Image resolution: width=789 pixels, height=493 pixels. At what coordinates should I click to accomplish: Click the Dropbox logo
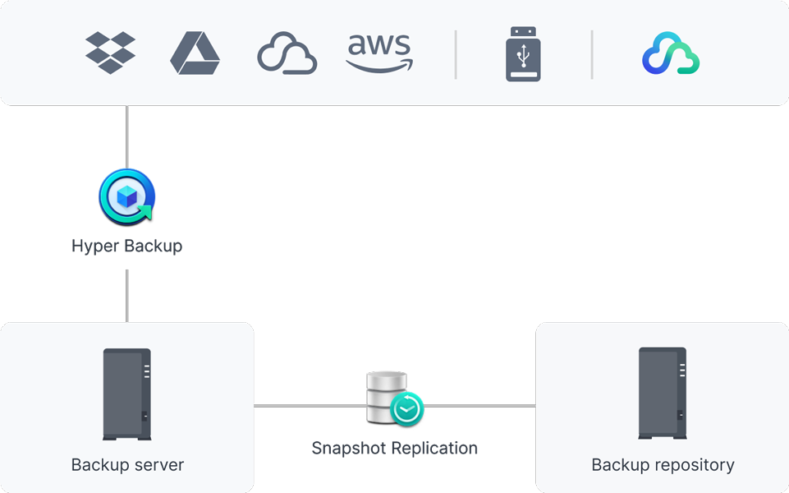pos(111,53)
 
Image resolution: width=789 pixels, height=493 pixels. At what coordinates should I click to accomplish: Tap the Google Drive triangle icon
pos(195,53)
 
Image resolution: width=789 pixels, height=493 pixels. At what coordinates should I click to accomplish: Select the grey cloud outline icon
pos(287,53)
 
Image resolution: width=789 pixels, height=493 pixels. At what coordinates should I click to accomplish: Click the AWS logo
pos(379,53)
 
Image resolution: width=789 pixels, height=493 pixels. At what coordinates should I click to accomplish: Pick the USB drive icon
pos(523,54)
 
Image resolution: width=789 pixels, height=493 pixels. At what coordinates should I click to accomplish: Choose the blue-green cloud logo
pos(670,53)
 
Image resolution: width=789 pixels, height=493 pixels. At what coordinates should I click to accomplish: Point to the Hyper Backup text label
pos(127,246)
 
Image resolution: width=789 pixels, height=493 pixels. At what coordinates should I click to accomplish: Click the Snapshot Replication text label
pos(394,449)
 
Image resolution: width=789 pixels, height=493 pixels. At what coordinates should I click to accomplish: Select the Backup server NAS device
pos(126,394)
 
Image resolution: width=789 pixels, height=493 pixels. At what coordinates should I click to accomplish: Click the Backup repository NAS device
pos(663,394)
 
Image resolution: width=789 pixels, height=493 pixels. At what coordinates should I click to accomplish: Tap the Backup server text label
pos(127,465)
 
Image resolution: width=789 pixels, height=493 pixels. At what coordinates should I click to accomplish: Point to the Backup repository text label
pos(663,465)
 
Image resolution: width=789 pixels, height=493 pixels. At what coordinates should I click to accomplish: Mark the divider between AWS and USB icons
pos(456,54)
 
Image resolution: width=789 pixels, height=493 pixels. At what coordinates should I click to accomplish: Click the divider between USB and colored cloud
pos(592,54)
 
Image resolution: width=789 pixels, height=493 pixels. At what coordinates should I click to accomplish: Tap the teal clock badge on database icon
pos(406,408)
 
